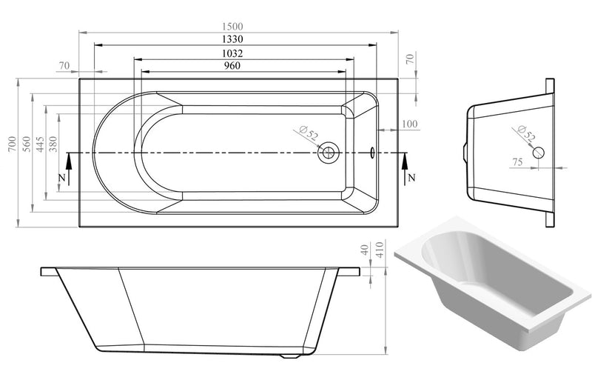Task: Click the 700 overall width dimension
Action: click(x=10, y=144)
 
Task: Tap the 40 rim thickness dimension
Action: click(x=364, y=250)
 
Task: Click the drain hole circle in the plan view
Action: click(x=328, y=153)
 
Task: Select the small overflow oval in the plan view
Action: click(x=371, y=153)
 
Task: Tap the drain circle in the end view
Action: click(x=539, y=152)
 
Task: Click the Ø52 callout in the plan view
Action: click(x=309, y=134)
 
